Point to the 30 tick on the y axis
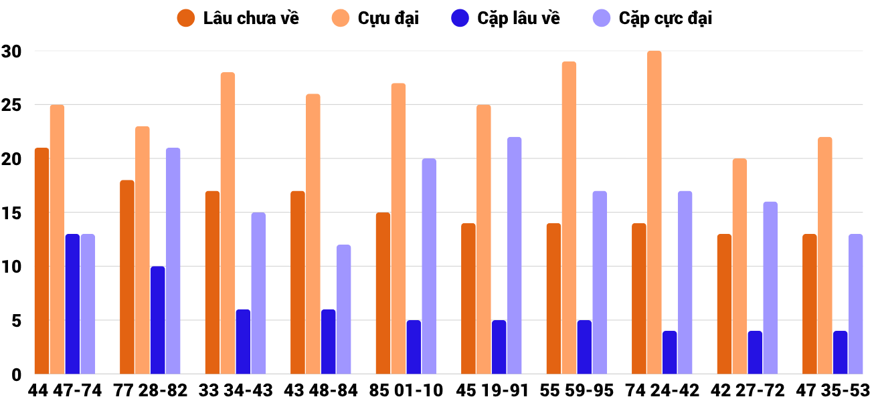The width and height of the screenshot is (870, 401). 12,51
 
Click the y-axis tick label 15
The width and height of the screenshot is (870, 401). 12,213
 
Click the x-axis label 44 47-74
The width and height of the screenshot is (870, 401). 65,390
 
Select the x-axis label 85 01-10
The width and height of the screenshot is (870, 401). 406,390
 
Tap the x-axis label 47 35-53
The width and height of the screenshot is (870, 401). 833,390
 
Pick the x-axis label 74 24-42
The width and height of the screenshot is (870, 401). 662,390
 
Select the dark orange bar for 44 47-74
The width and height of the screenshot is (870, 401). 41,261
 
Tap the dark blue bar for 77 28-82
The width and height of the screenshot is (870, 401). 158,320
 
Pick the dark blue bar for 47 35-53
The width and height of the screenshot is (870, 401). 841,352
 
